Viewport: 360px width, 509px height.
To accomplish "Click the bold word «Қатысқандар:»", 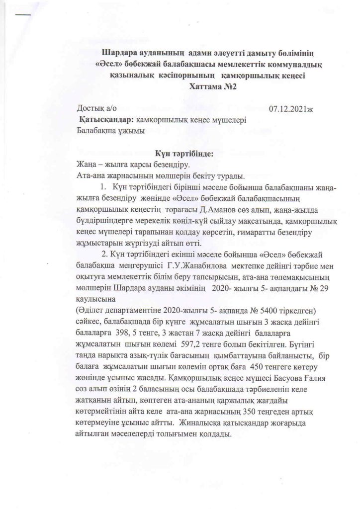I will pos(106,120).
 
